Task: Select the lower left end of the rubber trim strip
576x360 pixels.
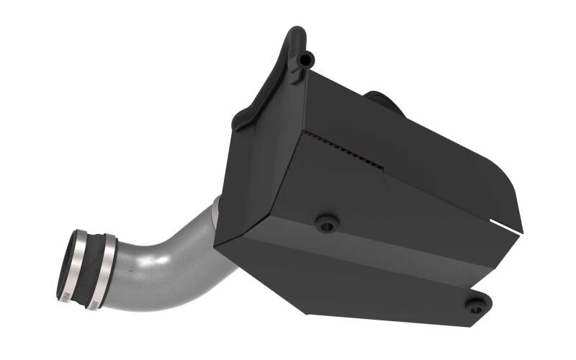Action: (240, 126)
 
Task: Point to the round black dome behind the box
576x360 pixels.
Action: (382, 101)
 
